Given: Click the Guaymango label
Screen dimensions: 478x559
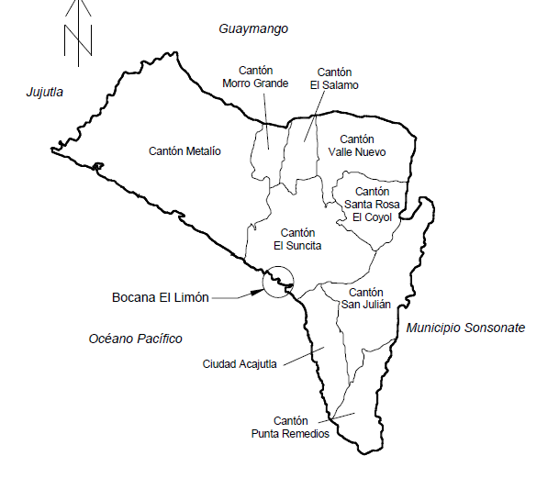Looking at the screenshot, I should [253, 29].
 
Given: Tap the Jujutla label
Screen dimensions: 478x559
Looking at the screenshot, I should [44, 92].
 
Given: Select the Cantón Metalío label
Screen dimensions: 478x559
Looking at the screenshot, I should [185, 151].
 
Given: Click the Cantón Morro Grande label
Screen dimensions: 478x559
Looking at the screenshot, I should [256, 76].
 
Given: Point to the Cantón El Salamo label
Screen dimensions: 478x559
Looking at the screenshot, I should [334, 78].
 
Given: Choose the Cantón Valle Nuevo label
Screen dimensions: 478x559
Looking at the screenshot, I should [356, 145].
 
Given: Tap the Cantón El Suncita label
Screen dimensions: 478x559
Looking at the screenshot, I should [297, 239].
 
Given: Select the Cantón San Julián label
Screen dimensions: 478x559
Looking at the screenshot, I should [365, 297].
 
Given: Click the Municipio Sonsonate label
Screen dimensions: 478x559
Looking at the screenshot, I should [465, 328].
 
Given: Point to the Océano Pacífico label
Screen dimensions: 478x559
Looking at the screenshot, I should [136, 339].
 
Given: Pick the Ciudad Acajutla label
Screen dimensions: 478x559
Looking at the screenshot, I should [241, 364].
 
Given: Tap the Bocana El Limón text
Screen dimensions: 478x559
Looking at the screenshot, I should [161, 297].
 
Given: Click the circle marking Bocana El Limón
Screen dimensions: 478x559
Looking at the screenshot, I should [277, 280].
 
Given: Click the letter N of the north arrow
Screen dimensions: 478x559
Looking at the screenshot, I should [79, 39].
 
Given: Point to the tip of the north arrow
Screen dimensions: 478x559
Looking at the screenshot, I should [79, 3].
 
